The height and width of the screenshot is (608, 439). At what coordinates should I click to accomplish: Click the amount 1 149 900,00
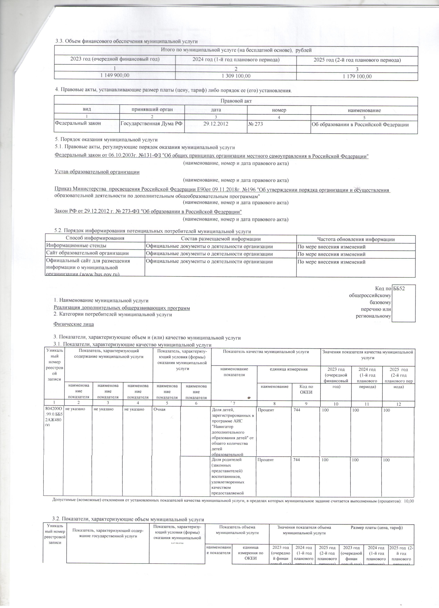coord(115,75)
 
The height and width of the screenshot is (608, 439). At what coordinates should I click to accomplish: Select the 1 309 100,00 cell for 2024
coord(236,76)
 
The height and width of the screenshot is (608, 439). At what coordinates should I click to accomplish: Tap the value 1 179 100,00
coord(357,77)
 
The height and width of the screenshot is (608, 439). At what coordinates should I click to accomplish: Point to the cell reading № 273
coord(256,124)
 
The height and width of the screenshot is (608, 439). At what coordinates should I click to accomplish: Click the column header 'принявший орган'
coord(152,109)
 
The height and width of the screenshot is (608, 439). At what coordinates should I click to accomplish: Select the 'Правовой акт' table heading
coord(236,101)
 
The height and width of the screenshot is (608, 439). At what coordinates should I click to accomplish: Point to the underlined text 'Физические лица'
coord(74,324)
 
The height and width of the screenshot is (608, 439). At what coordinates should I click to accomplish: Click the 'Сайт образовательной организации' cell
coord(87,253)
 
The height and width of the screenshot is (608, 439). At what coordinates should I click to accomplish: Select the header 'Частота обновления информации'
coord(356,239)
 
